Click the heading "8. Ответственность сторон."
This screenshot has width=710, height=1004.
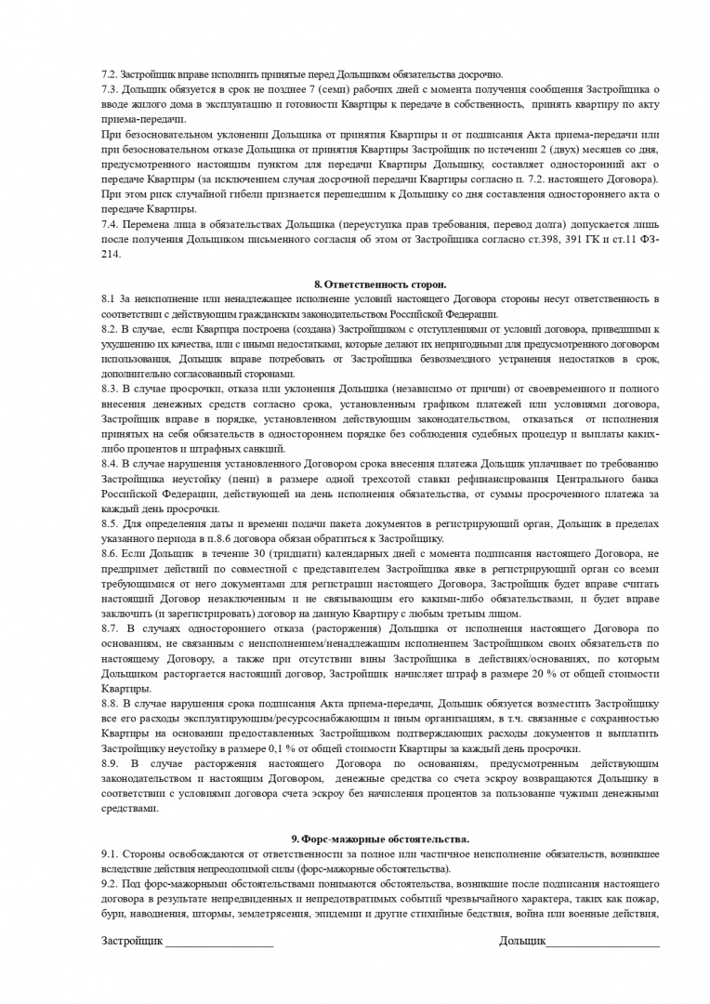(x=380, y=284)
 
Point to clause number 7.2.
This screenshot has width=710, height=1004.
(x=110, y=74)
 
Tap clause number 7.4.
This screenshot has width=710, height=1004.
(x=110, y=224)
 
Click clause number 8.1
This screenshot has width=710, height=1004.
(x=109, y=298)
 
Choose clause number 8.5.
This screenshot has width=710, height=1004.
(x=110, y=524)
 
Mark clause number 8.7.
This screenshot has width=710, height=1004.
(x=110, y=628)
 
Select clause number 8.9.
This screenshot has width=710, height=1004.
(x=110, y=763)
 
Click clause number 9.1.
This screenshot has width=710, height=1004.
(x=110, y=853)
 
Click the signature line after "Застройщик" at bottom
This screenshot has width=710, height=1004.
(x=219, y=942)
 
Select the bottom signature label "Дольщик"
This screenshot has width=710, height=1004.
(x=521, y=942)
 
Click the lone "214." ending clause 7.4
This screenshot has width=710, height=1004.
(x=111, y=254)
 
